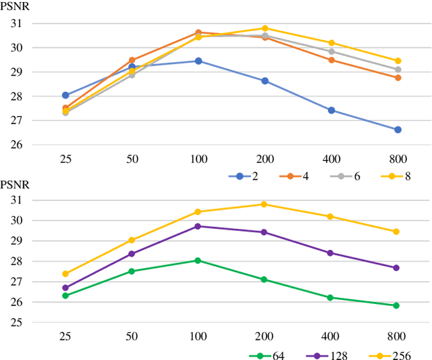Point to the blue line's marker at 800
coord(398,130)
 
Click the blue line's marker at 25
coord(65,95)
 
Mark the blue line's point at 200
coord(265,80)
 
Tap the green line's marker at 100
coord(198,260)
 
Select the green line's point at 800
coord(396,305)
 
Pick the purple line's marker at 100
coord(198,226)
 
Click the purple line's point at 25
coord(65,288)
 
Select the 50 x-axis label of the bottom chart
coord(132,336)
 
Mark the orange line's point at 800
coord(398,78)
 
